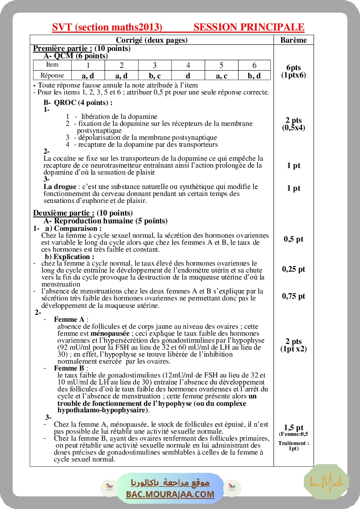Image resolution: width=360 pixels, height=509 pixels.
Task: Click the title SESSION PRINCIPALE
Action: pyautogui.click(x=249, y=27)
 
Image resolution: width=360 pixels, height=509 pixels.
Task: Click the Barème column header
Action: pyautogui.click(x=293, y=40)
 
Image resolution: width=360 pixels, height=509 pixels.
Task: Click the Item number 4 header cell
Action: pyautogui.click(x=188, y=65)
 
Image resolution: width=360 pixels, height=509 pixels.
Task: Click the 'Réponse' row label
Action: pyautogui.click(x=52, y=75)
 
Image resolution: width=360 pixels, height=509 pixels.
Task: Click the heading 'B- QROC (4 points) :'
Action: pyautogui.click(x=78, y=103)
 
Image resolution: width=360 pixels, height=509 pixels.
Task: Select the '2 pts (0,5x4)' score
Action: pyautogui.click(x=293, y=124)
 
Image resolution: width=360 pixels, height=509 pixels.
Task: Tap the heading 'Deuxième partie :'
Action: pyautogui.click(x=64, y=213)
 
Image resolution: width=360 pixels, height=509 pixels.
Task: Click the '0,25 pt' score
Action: pyautogui.click(x=293, y=269)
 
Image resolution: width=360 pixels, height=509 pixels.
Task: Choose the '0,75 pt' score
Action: pyautogui.click(x=293, y=296)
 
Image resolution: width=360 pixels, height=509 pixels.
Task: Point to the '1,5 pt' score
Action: pyautogui.click(x=293, y=428)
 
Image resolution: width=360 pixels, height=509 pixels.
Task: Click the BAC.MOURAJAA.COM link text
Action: pyautogui.click(x=170, y=494)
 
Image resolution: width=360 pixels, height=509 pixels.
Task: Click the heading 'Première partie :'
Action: pyautogui.click(x=63, y=48)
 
